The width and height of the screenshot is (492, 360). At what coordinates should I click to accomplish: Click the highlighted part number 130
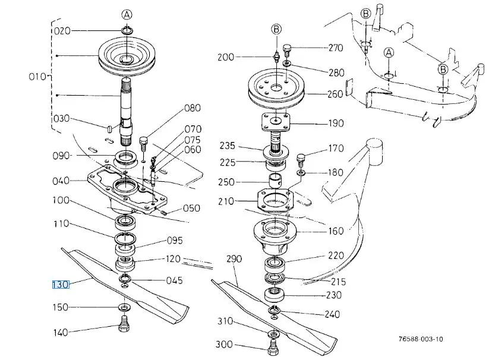click(60, 285)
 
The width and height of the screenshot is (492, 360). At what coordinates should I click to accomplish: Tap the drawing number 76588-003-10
click(421, 339)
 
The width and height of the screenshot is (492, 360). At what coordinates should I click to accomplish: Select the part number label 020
click(62, 31)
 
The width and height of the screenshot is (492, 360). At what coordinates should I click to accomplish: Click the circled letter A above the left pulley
click(127, 14)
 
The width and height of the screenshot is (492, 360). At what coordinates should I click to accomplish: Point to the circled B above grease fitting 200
click(276, 30)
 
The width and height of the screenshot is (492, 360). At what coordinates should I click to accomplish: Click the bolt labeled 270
click(288, 49)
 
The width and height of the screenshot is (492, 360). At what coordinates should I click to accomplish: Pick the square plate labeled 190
click(276, 121)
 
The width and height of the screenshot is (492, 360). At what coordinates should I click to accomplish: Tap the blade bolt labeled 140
click(124, 323)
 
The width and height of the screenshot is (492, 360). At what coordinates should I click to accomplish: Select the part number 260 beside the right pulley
click(335, 94)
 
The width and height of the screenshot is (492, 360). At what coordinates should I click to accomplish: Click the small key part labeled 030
click(109, 128)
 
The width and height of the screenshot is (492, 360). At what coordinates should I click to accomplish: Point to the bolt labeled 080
click(143, 144)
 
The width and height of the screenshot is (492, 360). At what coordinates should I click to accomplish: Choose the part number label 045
click(175, 280)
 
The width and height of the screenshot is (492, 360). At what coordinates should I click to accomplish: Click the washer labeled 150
click(125, 307)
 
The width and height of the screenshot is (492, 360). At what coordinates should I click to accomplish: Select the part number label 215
click(338, 282)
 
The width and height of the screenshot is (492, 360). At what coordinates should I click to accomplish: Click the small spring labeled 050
click(163, 213)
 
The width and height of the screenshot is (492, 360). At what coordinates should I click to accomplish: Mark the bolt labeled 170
click(301, 159)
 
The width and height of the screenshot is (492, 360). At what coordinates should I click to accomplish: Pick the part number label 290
click(234, 258)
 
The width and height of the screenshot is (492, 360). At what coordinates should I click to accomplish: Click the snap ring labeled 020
click(127, 30)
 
